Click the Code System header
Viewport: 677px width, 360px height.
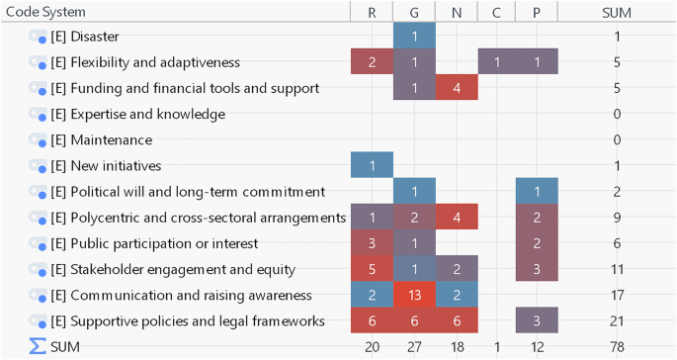pyautogui.click(x=45, y=12)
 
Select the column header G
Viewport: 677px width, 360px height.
pyautogui.click(x=413, y=12)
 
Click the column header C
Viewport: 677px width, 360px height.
pyautogui.click(x=497, y=12)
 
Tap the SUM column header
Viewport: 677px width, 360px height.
pyautogui.click(x=617, y=12)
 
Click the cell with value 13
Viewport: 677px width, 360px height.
pyautogui.click(x=413, y=295)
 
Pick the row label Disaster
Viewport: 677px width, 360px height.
pyautogui.click(x=84, y=38)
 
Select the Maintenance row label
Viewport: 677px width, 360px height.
pyautogui.click(x=101, y=140)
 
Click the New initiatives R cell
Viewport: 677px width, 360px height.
pyautogui.click(x=372, y=166)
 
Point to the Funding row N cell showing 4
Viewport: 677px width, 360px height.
pyautogui.click(x=456, y=89)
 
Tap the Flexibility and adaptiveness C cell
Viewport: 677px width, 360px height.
pyautogui.click(x=497, y=63)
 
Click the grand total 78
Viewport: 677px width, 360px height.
pyautogui.click(x=617, y=346)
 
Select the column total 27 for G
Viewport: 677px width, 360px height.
pyautogui.click(x=413, y=346)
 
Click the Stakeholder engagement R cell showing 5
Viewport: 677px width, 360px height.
pyautogui.click(x=372, y=269)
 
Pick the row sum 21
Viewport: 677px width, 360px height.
pyautogui.click(x=617, y=320)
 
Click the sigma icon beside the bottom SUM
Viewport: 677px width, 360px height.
pyautogui.click(x=38, y=346)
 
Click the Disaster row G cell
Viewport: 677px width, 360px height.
pyautogui.click(x=413, y=38)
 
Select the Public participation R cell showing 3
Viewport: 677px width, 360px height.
pyautogui.click(x=372, y=243)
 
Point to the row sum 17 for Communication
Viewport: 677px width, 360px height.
pyautogui.click(x=617, y=295)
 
